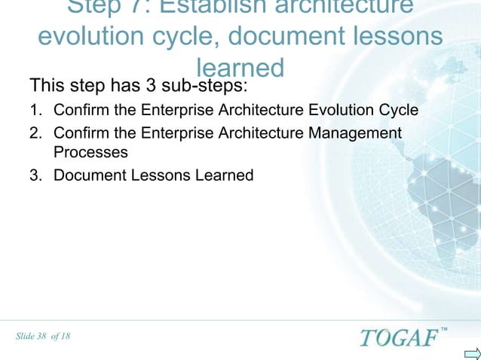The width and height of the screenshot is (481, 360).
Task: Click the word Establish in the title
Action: point(227,6)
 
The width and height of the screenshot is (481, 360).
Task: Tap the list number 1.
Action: point(35,112)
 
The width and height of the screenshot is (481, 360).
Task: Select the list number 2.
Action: point(35,133)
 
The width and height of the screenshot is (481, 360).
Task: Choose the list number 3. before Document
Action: point(35,175)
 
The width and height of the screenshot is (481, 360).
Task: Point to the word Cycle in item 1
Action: point(399,112)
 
